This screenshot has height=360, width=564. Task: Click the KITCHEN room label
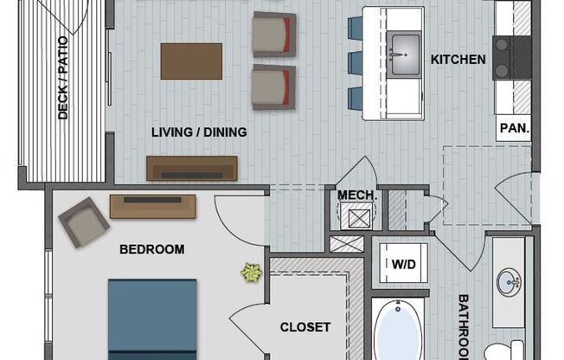[x=458, y=60]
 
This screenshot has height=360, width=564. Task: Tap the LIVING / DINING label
[x=199, y=132]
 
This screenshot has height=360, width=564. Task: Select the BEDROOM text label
[x=151, y=249]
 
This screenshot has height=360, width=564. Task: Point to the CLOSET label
[x=305, y=327]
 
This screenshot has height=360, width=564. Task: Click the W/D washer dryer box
[x=404, y=263]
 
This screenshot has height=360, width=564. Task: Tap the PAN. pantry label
[x=515, y=128]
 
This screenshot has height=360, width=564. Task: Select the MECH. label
[x=357, y=195]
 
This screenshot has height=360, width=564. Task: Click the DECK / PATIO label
[x=63, y=78]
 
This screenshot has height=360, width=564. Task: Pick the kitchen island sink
[x=405, y=55]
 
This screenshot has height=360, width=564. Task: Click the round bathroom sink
[x=509, y=282]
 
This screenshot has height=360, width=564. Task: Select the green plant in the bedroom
[x=252, y=272]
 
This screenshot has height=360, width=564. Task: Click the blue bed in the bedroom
[x=152, y=319]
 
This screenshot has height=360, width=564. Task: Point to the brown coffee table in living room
[x=191, y=61]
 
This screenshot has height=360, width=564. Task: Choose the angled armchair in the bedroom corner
[x=84, y=222]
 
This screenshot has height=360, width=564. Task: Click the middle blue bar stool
[x=355, y=63]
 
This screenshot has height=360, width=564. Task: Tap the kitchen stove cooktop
[x=512, y=58]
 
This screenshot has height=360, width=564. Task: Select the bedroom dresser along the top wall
[x=152, y=207]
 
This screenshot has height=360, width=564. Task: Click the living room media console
[x=192, y=168]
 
